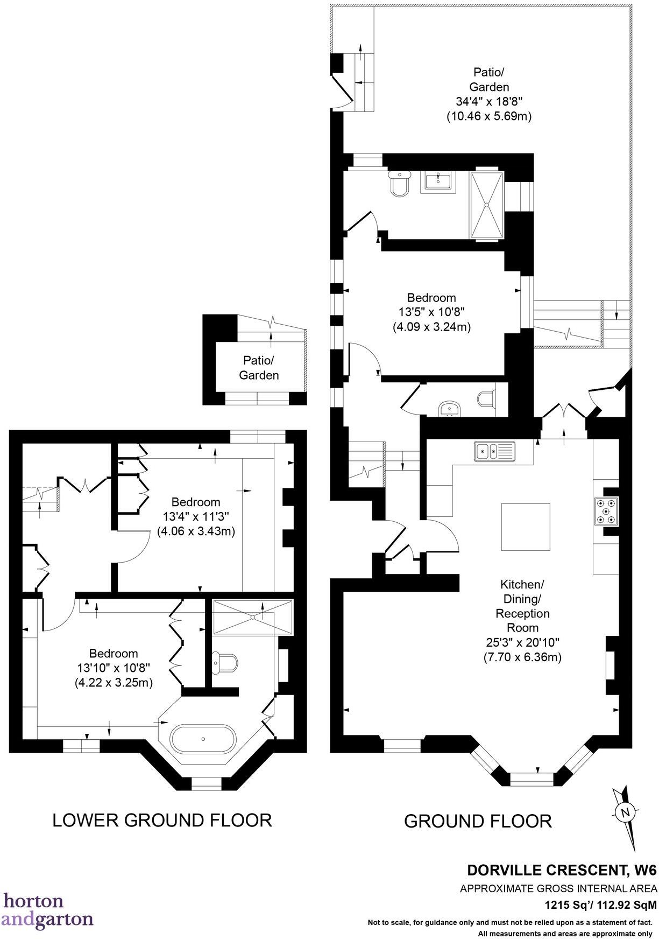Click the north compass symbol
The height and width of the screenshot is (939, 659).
click(624, 812)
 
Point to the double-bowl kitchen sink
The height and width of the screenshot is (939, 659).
click(494, 451)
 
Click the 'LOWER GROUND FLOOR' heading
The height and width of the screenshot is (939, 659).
click(162, 820)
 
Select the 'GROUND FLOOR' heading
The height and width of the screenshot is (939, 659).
click(478, 821)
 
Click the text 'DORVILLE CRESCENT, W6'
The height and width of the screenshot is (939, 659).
click(562, 870)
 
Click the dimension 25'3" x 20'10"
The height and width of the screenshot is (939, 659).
click(522, 642)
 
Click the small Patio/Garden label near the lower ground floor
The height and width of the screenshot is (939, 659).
click(259, 367)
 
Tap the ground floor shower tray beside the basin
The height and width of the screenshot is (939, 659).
click(487, 205)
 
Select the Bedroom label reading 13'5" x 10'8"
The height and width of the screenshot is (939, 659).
click(431, 312)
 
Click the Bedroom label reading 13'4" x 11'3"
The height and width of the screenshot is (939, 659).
click(196, 516)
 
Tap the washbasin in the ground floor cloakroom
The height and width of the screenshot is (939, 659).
click(449, 409)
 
